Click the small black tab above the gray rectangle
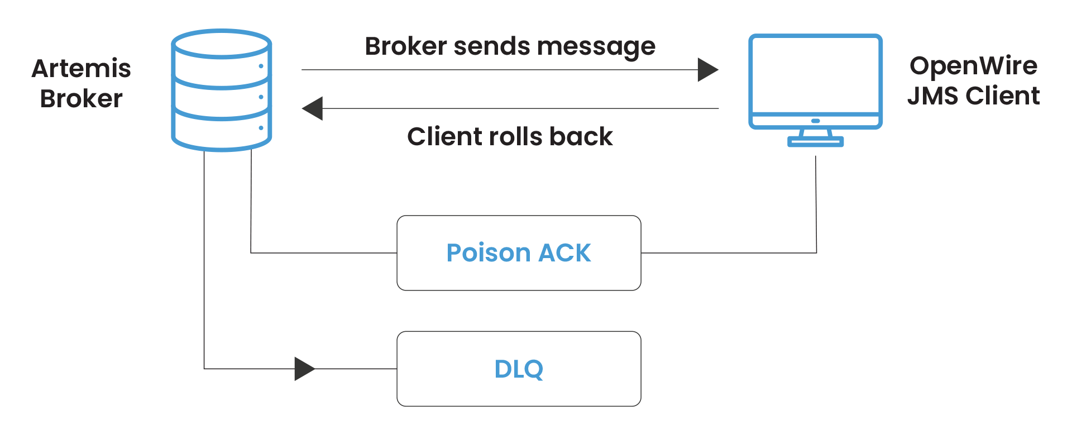[661, 63]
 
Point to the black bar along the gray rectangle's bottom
[578, 135]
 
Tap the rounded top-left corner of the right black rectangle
[914, 60]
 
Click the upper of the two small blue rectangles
[553, 266]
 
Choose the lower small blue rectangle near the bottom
[567, 380]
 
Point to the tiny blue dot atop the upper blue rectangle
[481, 244]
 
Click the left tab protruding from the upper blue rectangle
[457, 252]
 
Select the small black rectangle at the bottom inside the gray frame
[355, 384]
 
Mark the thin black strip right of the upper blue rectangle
[726, 256]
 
